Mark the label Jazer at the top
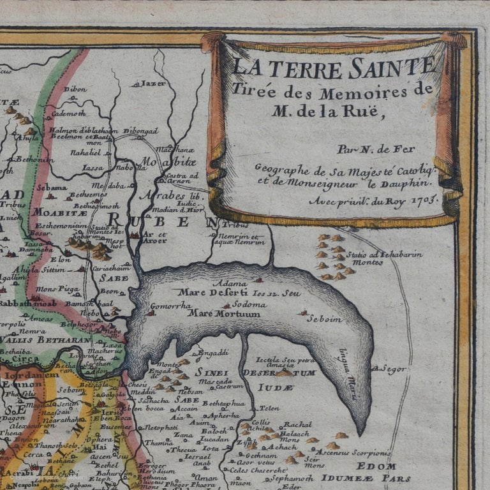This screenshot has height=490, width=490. (x=154, y=83)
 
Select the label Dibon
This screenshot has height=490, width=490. (x=75, y=89)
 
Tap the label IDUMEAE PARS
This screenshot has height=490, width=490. (x=375, y=478)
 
